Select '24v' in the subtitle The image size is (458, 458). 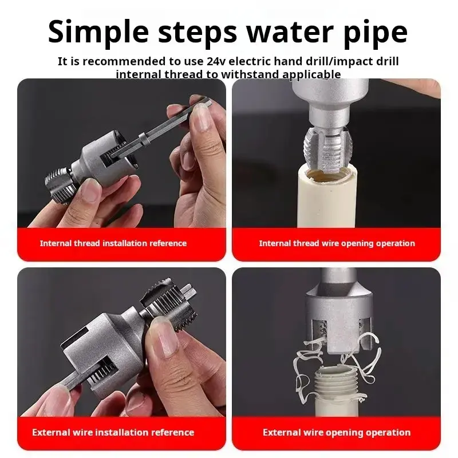pyautogui.click(x=216, y=61)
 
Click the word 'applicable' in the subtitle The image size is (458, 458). pyautogui.click(x=311, y=74)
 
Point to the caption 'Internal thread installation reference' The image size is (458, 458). pyautogui.click(x=113, y=243)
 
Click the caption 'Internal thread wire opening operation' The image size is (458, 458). pyautogui.click(x=337, y=243)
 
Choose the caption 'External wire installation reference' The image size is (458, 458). pyautogui.click(x=113, y=432)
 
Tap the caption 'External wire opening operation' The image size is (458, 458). pyautogui.click(x=337, y=432)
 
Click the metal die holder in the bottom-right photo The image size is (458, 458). pyautogui.click(x=339, y=318)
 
